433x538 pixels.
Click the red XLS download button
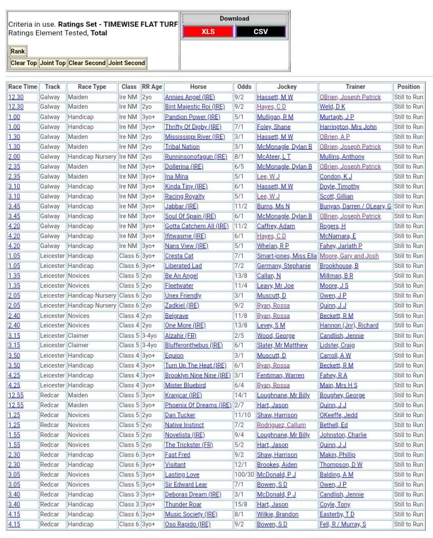point(208,32)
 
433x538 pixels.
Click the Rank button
point(18,51)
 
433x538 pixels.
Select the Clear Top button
point(24,63)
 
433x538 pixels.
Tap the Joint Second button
point(127,63)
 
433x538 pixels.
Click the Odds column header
point(244,87)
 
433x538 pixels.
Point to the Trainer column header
point(355,87)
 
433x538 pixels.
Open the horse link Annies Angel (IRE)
point(190,97)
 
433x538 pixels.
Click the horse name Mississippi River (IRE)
point(194,137)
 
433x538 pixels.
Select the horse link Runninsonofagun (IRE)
point(196,157)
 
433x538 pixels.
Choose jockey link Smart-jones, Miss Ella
point(286,256)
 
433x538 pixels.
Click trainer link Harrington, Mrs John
point(348,127)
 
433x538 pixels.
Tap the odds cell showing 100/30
point(244,475)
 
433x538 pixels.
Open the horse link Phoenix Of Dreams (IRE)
point(198,406)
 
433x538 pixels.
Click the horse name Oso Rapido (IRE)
point(188,525)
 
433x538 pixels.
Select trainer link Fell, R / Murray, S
point(343,525)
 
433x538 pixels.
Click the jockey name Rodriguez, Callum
point(281,426)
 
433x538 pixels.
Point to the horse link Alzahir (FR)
point(181,336)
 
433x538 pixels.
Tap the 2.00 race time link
point(14,157)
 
